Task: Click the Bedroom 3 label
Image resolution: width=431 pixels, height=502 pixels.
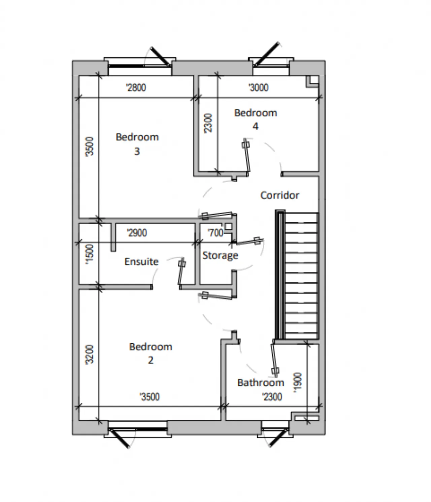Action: click(137, 144)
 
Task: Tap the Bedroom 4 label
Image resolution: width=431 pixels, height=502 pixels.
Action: click(256, 119)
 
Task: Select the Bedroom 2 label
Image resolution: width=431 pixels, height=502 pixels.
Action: click(151, 353)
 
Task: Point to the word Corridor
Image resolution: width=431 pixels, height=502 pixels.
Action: click(280, 195)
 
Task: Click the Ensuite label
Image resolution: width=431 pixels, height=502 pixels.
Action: click(141, 261)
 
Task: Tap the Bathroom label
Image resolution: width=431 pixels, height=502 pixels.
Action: click(261, 382)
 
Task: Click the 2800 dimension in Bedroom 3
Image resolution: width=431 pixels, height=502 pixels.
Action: click(136, 88)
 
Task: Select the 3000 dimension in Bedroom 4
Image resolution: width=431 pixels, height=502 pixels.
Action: click(259, 88)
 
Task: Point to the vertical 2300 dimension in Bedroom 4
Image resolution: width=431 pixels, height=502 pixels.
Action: click(208, 123)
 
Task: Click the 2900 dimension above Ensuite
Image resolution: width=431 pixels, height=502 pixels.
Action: click(137, 233)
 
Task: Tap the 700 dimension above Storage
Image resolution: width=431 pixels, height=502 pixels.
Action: click(215, 233)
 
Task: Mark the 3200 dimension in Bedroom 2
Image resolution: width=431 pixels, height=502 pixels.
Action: click(89, 354)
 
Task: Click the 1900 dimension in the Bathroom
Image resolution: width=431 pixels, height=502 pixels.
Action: click(298, 382)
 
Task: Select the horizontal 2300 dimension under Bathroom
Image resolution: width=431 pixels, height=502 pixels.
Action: click(272, 397)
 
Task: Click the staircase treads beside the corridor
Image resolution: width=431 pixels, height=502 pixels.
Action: click(301, 276)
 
